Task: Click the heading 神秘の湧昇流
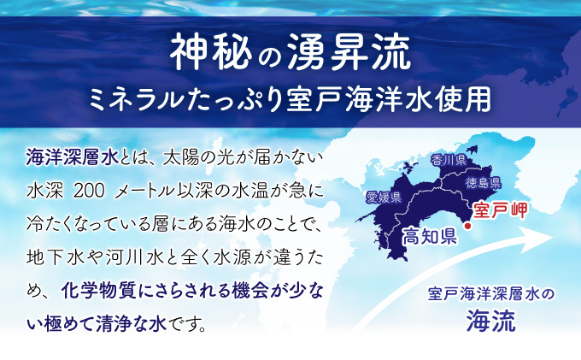(x=290, y=53)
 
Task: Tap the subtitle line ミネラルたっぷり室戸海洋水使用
(x=290, y=100)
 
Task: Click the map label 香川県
(x=448, y=160)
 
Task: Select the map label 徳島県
(x=484, y=182)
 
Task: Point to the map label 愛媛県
(x=384, y=198)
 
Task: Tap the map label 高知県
(x=430, y=236)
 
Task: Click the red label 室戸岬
(x=501, y=210)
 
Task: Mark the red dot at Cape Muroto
(x=467, y=226)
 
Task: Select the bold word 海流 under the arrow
(x=491, y=321)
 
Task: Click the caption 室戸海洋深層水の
(x=491, y=294)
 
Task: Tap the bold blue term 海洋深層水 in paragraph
(x=73, y=157)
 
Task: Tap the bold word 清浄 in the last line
(x=114, y=324)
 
